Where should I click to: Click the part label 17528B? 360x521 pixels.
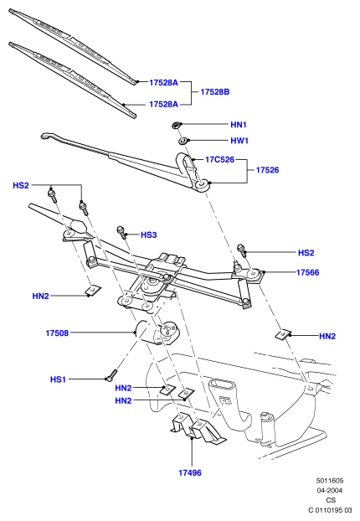[215, 92]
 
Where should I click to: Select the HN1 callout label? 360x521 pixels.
[239, 125]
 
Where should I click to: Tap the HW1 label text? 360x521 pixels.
[239, 141]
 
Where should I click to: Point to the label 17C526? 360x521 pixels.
[219, 159]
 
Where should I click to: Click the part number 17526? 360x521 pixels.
[267, 170]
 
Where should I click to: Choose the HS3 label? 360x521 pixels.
[148, 235]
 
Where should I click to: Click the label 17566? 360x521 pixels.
[307, 272]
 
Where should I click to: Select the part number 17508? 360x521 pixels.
[57, 333]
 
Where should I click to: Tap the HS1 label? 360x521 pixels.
[58, 379]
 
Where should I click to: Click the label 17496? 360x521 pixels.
[190, 472]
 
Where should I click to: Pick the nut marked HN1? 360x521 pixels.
[176, 125]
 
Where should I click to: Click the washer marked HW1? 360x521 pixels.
[183, 141]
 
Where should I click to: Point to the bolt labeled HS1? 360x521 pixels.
[111, 375]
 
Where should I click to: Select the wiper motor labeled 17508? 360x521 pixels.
[156, 333]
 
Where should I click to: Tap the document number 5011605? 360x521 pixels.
[330, 481]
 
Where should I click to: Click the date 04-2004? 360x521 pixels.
[330, 491]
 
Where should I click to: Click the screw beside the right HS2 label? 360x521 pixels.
[241, 250]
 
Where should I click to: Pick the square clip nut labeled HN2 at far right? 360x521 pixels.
[283, 334]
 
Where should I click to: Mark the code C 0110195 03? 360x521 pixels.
[330, 510]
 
